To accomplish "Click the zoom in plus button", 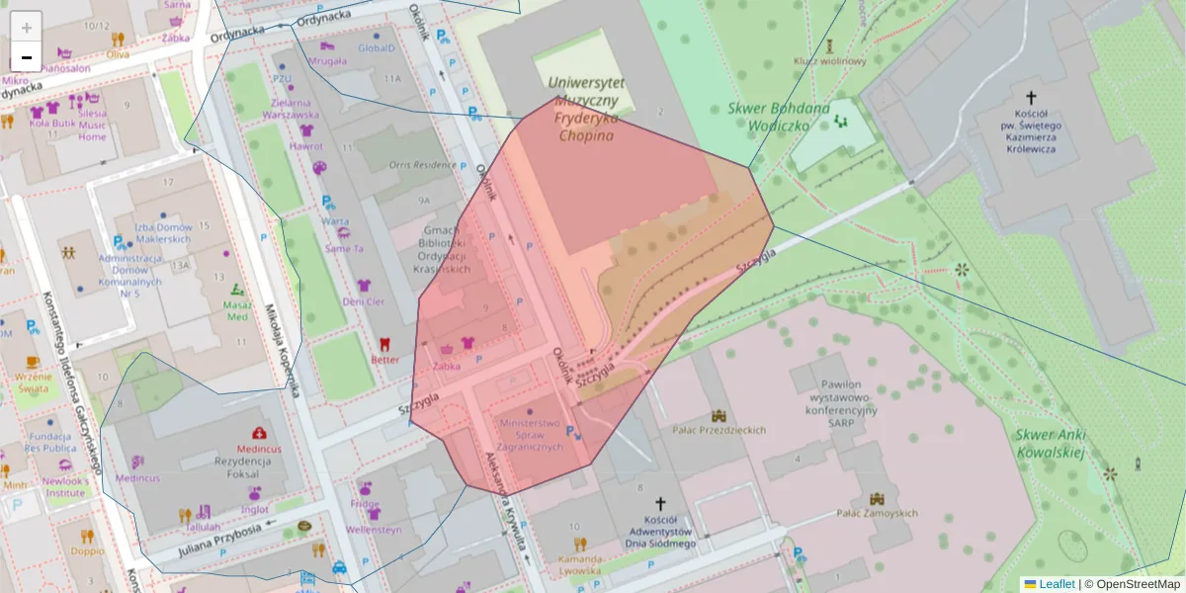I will coord(27,27).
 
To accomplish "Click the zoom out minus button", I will coord(27,57).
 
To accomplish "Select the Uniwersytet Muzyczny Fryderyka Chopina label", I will coord(585,109).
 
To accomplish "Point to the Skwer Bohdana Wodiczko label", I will coord(768,117).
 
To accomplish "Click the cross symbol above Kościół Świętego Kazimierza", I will coord(1031,98).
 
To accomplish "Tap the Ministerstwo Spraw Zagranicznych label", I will coord(531,435).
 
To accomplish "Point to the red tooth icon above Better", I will coord(385,344).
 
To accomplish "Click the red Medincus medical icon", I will coord(259,433).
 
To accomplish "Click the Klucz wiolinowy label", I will coord(829,61).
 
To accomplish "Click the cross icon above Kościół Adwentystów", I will coord(660,503).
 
